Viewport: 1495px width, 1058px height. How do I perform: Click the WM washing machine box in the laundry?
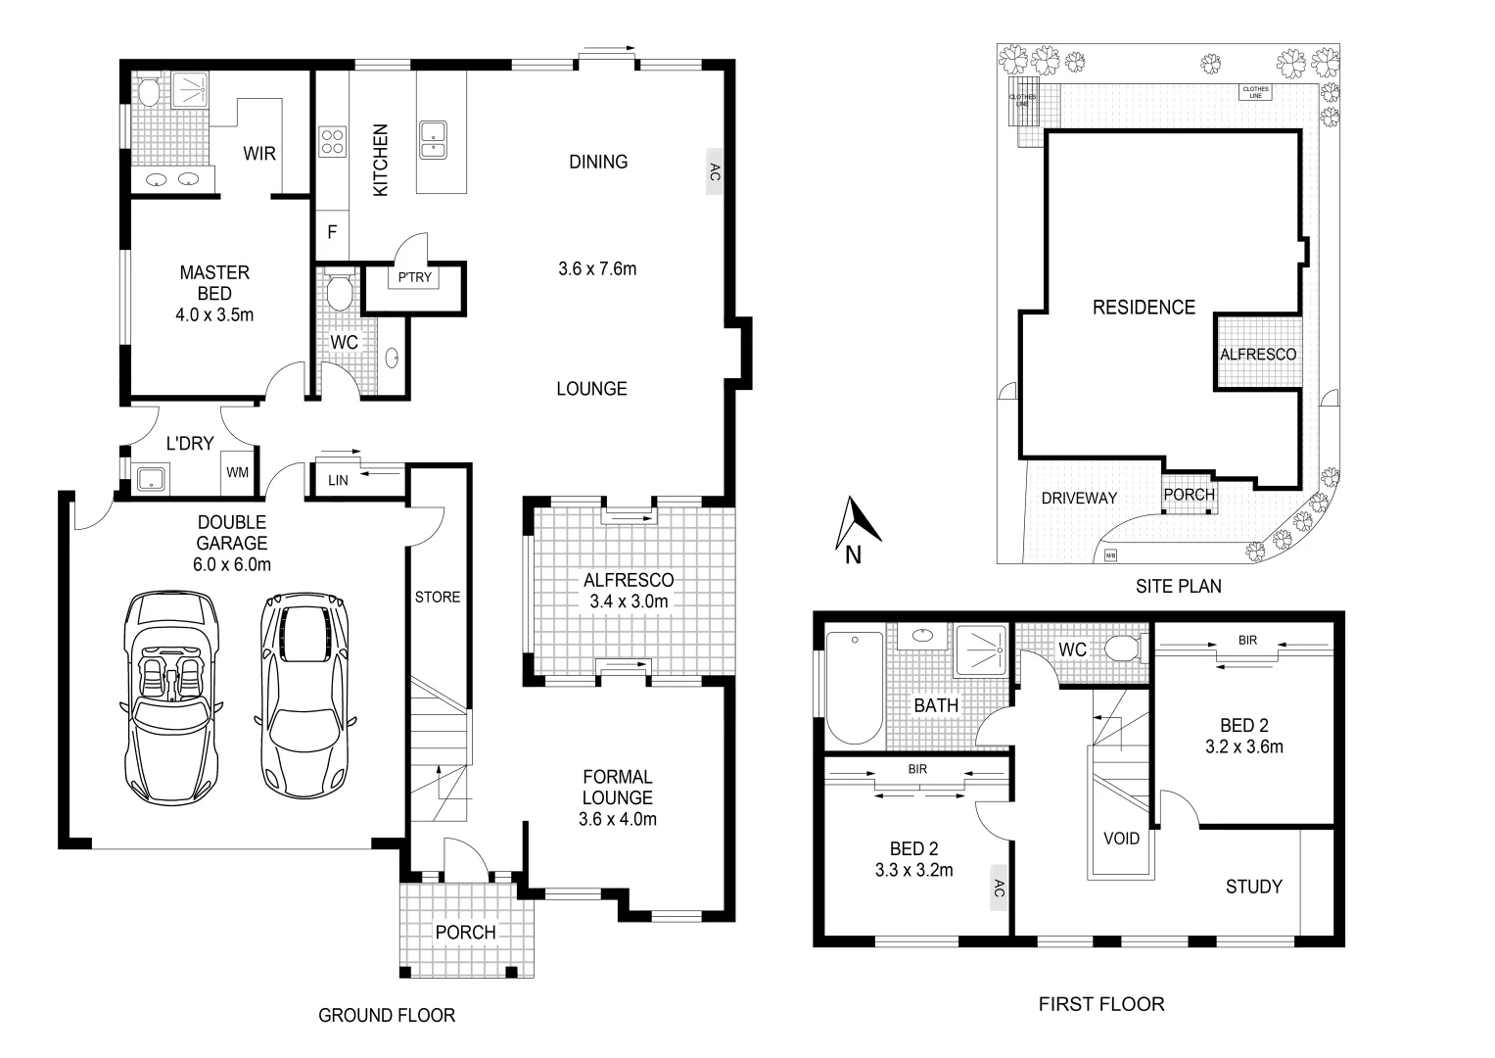point(237,472)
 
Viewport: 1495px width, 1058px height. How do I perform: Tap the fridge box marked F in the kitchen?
point(332,233)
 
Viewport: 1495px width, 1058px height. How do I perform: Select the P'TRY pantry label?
point(414,278)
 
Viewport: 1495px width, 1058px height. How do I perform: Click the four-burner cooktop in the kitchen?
point(332,142)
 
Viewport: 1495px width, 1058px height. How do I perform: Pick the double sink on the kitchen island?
point(433,139)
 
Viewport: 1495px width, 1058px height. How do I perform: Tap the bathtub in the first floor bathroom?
point(855,688)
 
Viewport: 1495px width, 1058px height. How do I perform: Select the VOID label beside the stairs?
point(1121,839)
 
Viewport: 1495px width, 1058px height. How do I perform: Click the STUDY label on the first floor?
point(1253,887)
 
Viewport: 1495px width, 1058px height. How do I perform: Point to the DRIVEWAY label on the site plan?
point(1079,498)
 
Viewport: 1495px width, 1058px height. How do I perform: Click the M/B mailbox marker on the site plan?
point(1110,555)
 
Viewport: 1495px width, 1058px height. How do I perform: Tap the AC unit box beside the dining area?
point(714,172)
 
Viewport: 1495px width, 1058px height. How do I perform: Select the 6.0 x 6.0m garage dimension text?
point(232,564)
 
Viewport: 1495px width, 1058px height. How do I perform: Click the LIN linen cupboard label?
point(338,480)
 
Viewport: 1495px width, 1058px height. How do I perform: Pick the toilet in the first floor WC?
point(1122,649)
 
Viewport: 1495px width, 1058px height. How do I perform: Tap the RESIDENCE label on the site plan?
point(1144,308)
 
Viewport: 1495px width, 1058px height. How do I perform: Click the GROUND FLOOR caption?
point(387,1016)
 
